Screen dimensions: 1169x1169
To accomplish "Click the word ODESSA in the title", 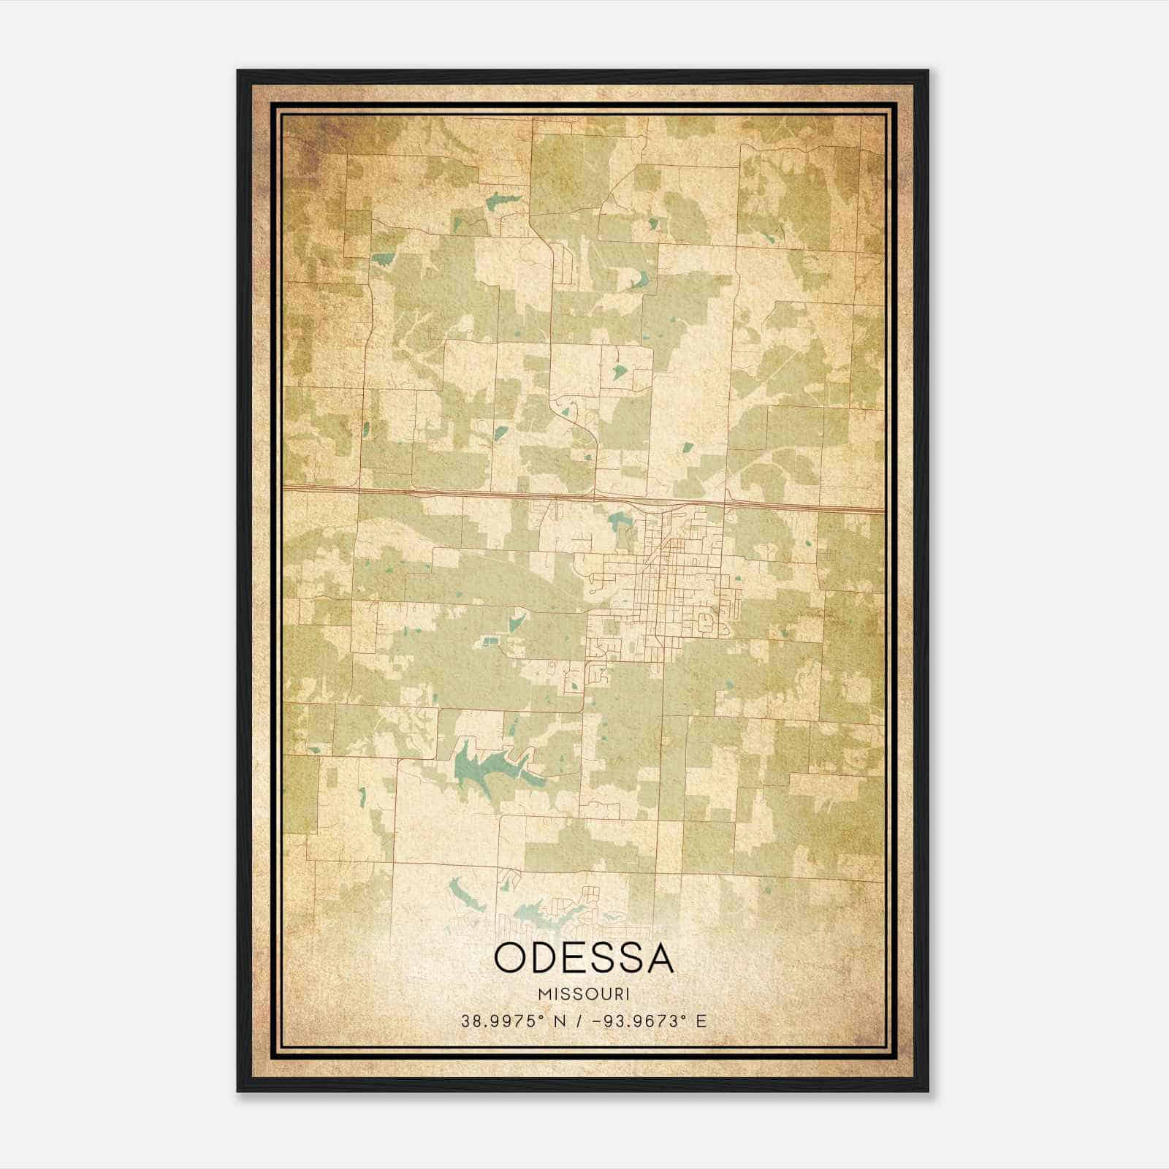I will click(x=584, y=958).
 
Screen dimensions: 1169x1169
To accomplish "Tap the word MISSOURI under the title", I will click(x=584, y=994).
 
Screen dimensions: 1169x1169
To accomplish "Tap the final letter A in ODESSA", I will click(x=660, y=958).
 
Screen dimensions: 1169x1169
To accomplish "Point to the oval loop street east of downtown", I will click(x=707, y=622).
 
